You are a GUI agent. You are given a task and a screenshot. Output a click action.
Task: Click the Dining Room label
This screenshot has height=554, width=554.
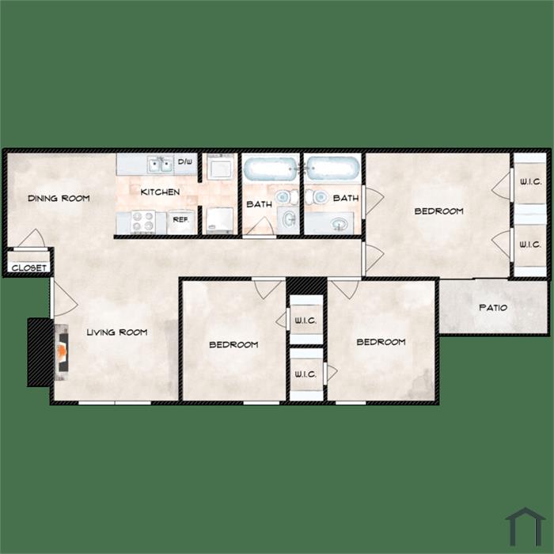(59, 198)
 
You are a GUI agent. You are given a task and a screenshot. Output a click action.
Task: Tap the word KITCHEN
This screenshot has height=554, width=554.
(160, 192)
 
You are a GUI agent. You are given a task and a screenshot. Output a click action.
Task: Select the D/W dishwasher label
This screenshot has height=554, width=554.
(185, 161)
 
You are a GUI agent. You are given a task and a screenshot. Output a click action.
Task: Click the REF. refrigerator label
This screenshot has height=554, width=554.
(180, 219)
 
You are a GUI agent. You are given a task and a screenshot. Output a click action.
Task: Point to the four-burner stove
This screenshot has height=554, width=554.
(143, 222)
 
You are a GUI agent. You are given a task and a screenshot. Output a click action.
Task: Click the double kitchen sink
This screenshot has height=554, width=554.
(161, 165)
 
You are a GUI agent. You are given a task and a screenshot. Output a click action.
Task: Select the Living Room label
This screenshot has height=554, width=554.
(117, 332)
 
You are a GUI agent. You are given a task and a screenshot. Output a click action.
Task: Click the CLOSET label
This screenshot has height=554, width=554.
(29, 268)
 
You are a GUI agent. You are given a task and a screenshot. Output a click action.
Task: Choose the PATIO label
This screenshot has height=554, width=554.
(493, 307)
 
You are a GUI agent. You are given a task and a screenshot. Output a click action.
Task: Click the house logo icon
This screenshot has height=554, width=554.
(525, 527)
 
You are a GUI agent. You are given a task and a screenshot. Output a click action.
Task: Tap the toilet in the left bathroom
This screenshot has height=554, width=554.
(286, 197)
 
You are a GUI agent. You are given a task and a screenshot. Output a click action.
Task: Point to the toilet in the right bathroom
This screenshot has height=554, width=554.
(317, 196)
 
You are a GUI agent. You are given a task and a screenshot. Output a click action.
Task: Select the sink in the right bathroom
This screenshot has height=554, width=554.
(340, 224)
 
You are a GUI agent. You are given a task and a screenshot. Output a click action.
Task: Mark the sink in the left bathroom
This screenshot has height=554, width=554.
(289, 220)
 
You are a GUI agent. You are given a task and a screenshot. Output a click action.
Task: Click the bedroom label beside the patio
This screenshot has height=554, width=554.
(381, 342)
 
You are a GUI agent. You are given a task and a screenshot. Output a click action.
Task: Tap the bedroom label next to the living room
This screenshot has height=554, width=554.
(233, 344)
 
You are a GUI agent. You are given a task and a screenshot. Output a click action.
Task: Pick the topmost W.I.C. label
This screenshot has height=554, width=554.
(530, 182)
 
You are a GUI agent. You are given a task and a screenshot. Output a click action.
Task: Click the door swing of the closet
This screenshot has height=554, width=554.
(32, 237)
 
